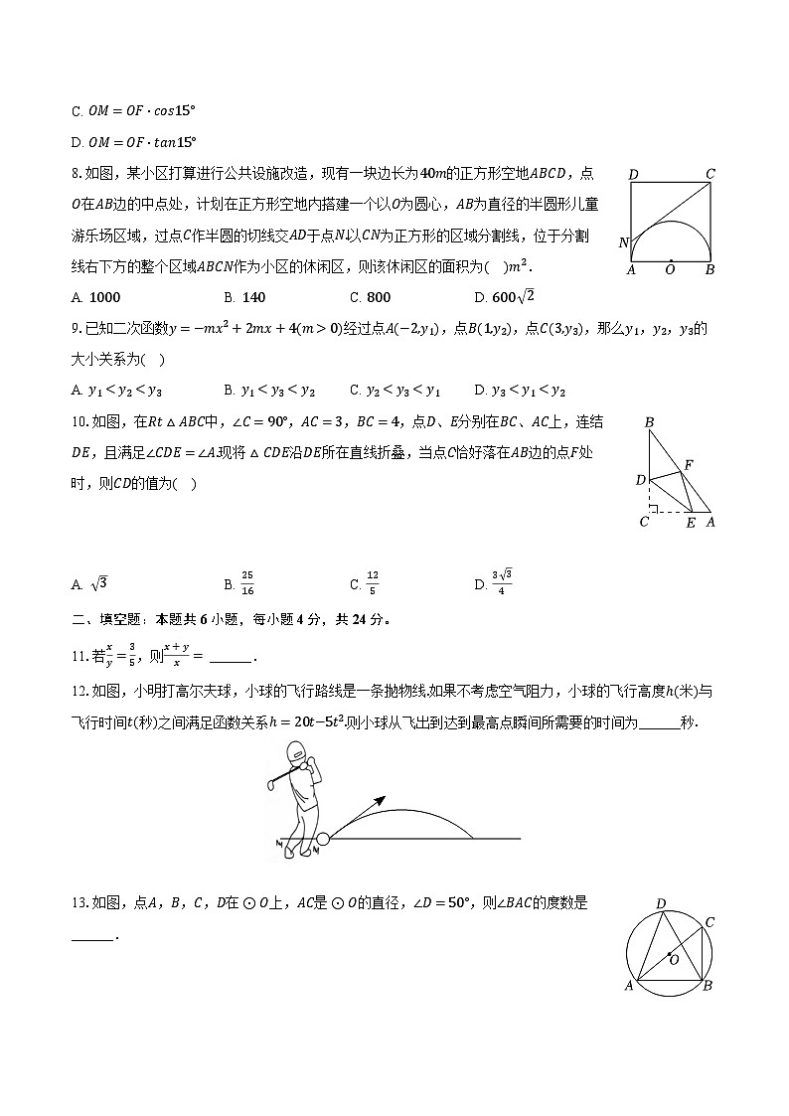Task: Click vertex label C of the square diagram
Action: (710, 175)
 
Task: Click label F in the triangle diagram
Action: (689, 465)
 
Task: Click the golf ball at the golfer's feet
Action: (322, 839)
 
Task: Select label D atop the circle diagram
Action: (661, 903)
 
